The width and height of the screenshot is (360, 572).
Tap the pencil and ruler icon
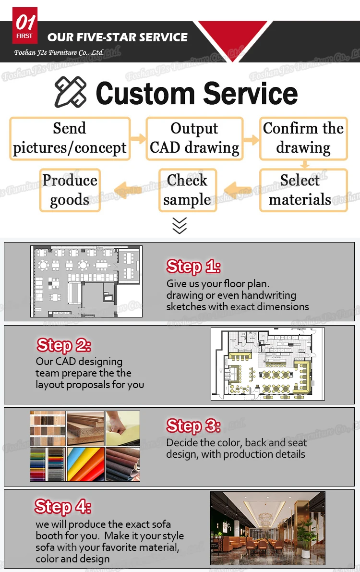pos(70,92)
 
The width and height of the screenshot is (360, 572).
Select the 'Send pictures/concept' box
pos(70,138)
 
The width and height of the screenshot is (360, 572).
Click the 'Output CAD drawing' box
pos(194,138)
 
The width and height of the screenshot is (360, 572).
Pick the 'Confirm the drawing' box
pos(303,138)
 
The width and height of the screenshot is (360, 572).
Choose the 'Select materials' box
pos(303,190)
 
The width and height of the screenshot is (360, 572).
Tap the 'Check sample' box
pos(188,190)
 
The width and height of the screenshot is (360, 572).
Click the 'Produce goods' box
pos(70,190)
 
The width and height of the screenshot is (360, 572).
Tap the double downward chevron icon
pos(180,225)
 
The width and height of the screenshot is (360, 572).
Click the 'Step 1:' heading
pos(193,267)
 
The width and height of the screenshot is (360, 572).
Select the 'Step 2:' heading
pos(63,345)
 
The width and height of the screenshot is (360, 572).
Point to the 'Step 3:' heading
pos(193,426)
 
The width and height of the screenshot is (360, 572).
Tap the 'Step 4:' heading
pos(62,507)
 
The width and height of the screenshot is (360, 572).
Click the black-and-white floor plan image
pos(86,281)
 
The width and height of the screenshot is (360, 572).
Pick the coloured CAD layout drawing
pos(268,364)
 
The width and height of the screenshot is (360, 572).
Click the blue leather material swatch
pos(85,464)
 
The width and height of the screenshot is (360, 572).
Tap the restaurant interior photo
pos(267,528)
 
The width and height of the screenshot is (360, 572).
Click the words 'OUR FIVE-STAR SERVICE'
pos(118,37)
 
